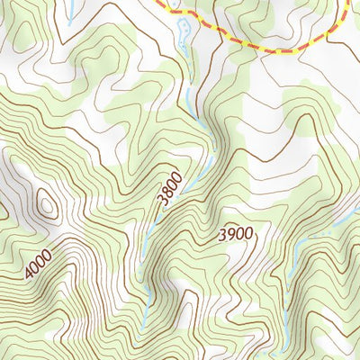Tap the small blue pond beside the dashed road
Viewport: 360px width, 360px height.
point(184,31)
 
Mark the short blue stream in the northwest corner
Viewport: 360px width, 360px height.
point(67,12)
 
